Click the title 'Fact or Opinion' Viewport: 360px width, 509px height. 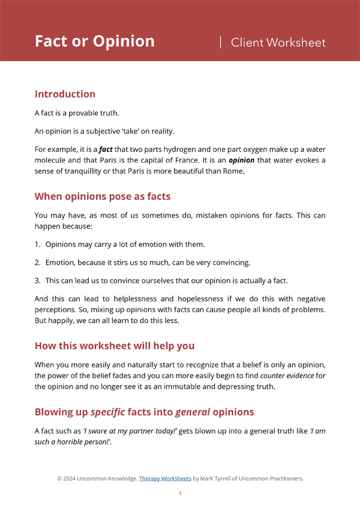pos(94,41)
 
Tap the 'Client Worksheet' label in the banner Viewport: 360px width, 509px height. pos(278,42)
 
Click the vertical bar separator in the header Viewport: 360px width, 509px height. pos(221,41)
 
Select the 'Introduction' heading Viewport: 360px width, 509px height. pos(65,94)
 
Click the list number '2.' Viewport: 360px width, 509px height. pos(38,262)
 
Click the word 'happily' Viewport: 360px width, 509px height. pos(63,321)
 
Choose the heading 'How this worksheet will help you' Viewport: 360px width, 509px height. pos(115,346)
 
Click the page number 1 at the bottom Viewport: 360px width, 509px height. pos(180,493)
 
